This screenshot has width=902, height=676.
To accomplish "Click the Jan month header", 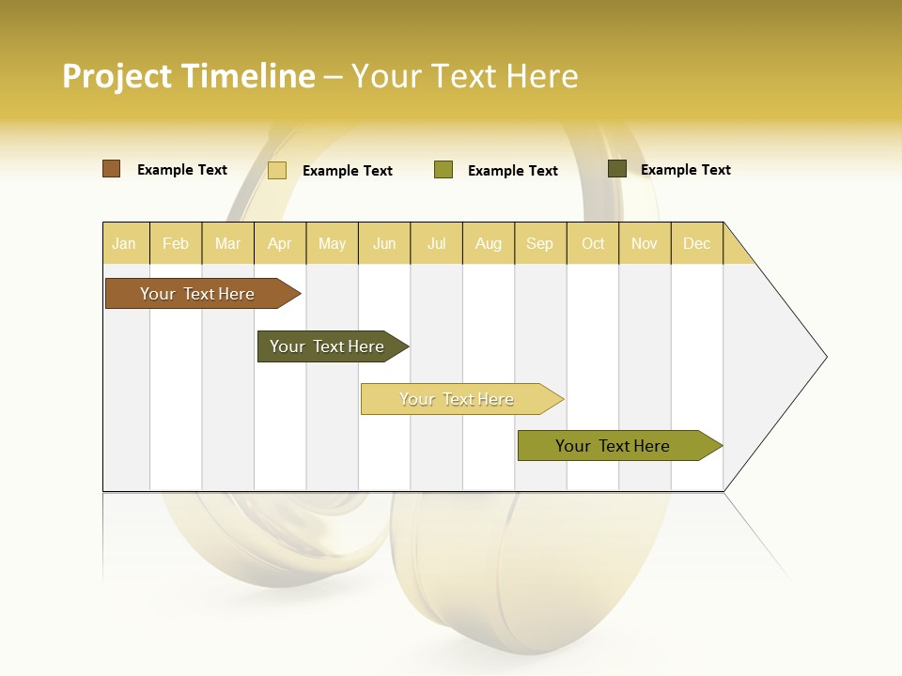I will coord(125,243).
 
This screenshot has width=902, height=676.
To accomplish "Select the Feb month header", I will coord(176,243).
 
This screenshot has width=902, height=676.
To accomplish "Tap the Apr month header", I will coord(280,243).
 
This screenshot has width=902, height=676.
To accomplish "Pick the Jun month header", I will coord(384,243).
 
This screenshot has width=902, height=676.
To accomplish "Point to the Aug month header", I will coord(489,243).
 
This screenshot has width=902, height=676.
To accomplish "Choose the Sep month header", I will coord(540,243).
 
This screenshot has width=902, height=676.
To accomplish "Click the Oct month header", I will coord(593,243).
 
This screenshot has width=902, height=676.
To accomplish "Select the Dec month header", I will coord(697,243).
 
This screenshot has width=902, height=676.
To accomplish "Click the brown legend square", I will coord(112,169).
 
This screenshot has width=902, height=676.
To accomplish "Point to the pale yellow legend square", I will coord(277,170).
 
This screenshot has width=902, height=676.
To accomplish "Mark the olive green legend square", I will coord(443,170).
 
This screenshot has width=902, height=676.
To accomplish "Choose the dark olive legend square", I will coord(617,169).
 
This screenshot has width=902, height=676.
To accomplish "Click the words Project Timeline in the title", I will coord(189,76).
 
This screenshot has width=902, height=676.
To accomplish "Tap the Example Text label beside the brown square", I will coord(182,170).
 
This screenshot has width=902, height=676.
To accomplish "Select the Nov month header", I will coord(645,243).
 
